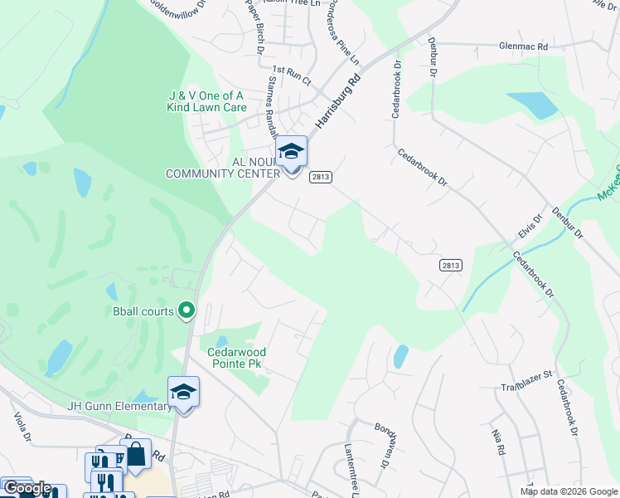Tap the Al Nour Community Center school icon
(291, 152)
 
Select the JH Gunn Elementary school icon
(184, 393)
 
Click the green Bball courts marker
(186, 311)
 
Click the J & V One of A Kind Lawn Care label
(207, 101)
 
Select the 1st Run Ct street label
(291, 76)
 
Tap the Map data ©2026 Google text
(569, 491)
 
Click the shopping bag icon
(136, 453)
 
